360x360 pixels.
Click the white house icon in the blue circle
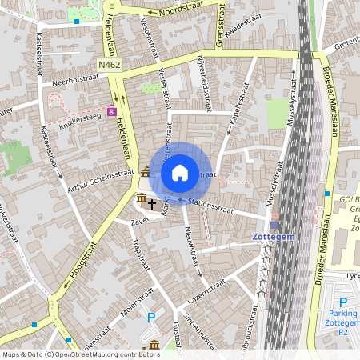180,172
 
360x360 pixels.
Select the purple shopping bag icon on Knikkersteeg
111,110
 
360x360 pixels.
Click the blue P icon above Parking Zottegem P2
343,302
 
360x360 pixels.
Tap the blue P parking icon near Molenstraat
151,318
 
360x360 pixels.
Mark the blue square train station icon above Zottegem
274,225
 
